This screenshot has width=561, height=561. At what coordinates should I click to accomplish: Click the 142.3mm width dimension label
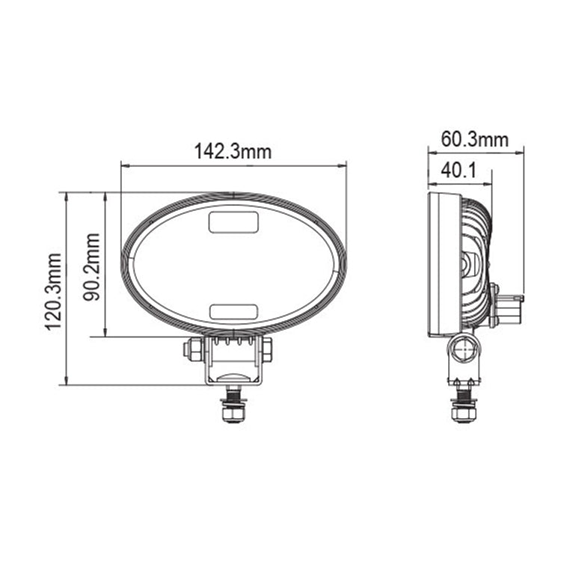(x=233, y=151)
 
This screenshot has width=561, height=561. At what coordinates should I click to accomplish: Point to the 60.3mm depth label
(x=474, y=139)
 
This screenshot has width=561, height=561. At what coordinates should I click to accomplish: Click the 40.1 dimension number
(x=459, y=171)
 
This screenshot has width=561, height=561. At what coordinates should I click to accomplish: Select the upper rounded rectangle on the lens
(x=233, y=222)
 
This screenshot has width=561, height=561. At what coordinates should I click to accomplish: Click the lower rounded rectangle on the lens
(x=233, y=311)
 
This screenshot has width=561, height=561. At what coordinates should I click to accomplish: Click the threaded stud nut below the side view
(x=463, y=411)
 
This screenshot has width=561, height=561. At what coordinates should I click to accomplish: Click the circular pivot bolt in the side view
(x=465, y=348)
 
